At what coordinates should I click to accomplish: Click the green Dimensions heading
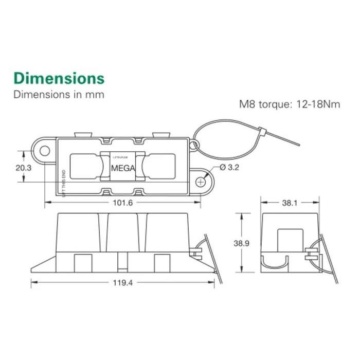coord(59,79)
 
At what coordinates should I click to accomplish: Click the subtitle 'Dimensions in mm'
coord(59,95)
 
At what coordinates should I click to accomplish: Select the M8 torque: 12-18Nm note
coord(290,104)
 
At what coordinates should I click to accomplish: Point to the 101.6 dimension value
coord(122,203)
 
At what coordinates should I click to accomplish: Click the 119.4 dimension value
coord(122,282)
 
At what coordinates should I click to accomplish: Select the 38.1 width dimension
coord(289,203)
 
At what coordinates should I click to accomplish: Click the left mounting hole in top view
coord(45,151)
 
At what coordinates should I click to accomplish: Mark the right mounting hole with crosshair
coord(201,181)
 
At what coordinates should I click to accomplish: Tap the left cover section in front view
coord(78,231)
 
